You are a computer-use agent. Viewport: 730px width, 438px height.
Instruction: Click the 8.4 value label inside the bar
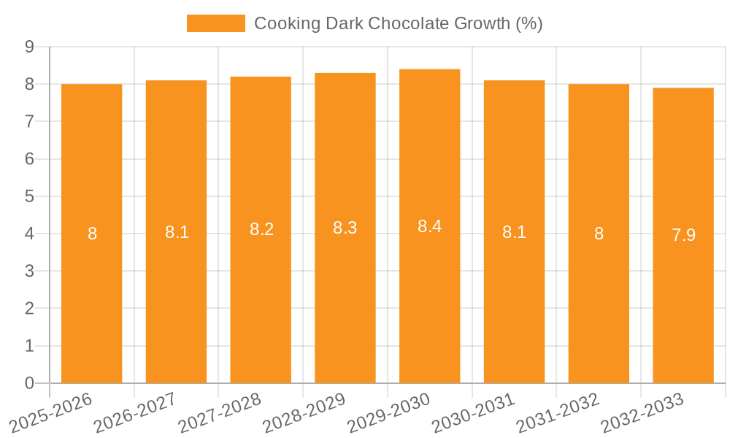429,226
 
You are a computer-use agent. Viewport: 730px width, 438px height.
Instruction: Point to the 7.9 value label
683,235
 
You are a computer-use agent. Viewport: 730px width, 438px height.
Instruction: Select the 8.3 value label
345,228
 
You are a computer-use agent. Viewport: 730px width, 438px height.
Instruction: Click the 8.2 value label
261,229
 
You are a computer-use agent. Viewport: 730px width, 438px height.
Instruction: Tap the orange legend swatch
215,23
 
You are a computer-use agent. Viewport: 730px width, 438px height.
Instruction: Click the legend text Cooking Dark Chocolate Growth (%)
398,23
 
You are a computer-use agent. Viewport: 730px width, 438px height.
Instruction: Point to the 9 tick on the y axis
30,47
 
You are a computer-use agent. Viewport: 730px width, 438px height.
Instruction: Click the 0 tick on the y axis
30,383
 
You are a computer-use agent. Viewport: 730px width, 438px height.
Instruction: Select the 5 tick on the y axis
30,196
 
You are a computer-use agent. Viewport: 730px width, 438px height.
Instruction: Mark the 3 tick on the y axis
30,271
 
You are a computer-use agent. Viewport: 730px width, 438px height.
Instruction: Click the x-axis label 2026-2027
134,412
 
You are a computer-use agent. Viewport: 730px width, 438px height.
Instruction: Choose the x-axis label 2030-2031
473,412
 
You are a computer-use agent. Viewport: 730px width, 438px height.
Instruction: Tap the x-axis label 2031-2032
558,412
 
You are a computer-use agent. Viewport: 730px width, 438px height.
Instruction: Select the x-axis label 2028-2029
304,412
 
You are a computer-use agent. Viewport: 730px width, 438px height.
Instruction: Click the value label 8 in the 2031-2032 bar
599,234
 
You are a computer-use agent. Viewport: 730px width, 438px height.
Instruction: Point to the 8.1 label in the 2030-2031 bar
514,232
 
